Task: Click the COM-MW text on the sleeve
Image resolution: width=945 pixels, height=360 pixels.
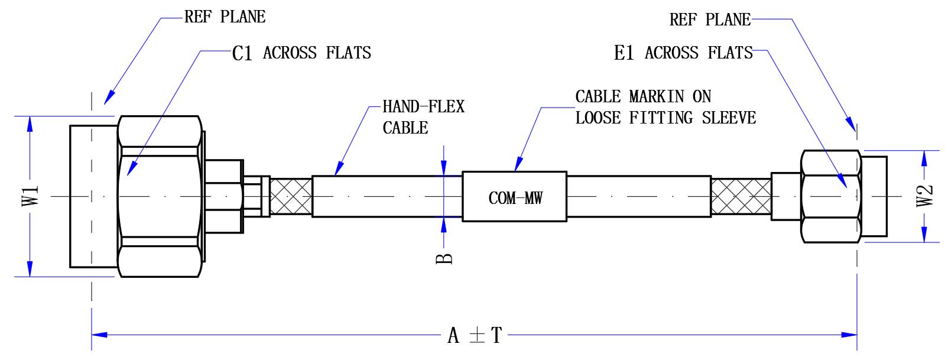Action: pyautogui.click(x=515, y=198)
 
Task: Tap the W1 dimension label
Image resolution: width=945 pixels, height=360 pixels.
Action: pyautogui.click(x=30, y=196)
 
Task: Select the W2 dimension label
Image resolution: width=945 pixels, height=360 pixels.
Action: pyautogui.click(x=924, y=196)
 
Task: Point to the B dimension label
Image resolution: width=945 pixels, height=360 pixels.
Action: pyautogui.click(x=444, y=258)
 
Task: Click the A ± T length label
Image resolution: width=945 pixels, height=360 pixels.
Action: pyautogui.click(x=475, y=336)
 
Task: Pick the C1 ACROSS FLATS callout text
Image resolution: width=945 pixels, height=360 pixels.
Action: pyautogui.click(x=301, y=53)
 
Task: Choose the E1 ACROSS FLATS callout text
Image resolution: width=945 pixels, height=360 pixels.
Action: pyautogui.click(x=683, y=53)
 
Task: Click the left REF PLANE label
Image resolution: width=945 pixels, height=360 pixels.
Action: pyautogui.click(x=225, y=17)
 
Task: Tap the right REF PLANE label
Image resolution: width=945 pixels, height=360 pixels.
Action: pyautogui.click(x=710, y=20)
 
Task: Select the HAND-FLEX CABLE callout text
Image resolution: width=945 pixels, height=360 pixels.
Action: pyautogui.click(x=424, y=117)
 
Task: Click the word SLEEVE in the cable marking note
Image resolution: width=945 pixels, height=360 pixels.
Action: pyautogui.click(x=729, y=118)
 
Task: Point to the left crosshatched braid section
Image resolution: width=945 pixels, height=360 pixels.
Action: pyautogui.click(x=291, y=196)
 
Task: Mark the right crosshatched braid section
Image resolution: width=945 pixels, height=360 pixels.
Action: pyautogui.click(x=741, y=196)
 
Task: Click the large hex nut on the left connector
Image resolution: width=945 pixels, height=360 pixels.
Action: pyautogui.click(x=160, y=196)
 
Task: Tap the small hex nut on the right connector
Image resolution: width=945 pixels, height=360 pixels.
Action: pyautogui.click(x=831, y=196)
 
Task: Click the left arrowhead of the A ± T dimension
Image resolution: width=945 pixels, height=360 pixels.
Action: pyautogui.click(x=99, y=335)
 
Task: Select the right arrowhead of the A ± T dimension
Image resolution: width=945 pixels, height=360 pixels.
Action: pyautogui.click(x=849, y=335)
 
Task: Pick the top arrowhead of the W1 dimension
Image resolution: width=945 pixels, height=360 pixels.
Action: pyautogui.click(x=30, y=124)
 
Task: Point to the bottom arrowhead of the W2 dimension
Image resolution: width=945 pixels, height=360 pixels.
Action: pyautogui.click(x=924, y=234)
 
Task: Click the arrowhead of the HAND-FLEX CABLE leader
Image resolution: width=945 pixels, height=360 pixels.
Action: pyautogui.click(x=338, y=169)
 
